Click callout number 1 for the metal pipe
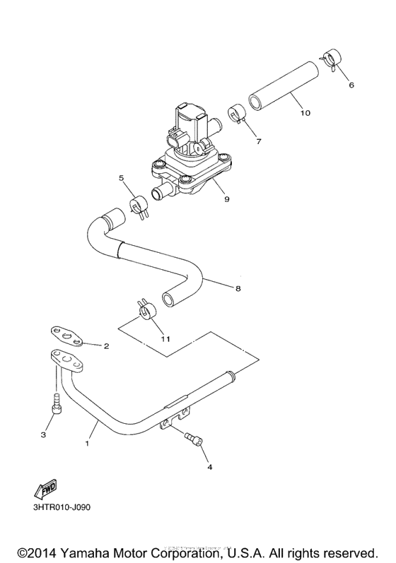tap(88, 444)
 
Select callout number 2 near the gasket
tap(106, 346)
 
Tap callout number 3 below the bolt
tap(42, 435)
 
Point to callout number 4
tap(209, 467)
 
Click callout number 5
tap(121, 178)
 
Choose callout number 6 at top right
tap(351, 85)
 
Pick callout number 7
tap(258, 141)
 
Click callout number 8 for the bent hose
tap(238, 288)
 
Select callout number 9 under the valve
tap(227, 200)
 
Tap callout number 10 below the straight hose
tap(305, 112)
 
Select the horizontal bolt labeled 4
tap(192, 439)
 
